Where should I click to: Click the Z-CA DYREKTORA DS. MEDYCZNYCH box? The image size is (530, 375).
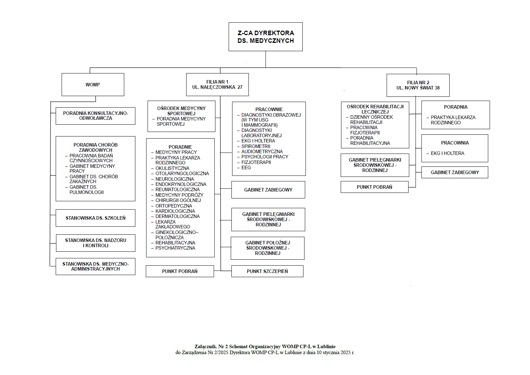tap(266, 37)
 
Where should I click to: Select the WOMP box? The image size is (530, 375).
tap(93, 85)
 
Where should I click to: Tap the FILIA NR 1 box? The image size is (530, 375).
tap(217, 85)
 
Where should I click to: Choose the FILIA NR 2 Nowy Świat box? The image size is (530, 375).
tap(418, 85)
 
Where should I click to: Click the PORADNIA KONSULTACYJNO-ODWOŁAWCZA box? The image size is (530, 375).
tap(95, 116)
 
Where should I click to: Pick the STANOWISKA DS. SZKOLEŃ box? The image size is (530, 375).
tap(95, 218)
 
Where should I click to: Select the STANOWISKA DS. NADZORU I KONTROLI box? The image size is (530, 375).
tap(95, 243)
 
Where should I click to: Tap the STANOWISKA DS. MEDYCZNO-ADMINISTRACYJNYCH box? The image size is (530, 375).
tap(95, 266)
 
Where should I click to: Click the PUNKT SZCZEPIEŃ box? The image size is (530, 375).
tap(267, 271)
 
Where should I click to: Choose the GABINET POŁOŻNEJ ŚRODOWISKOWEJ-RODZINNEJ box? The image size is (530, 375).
tap(267, 248)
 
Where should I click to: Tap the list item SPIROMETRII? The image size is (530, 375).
tap(256, 146)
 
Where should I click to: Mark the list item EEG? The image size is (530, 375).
tap(246, 167)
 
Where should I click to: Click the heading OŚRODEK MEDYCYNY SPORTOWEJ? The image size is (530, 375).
tap(181, 111)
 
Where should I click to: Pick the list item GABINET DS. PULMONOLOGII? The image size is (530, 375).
tap(86, 190)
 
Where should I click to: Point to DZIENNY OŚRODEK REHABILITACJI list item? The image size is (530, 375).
tap(371, 119)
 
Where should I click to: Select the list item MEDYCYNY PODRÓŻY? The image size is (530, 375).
tap(179, 195)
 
